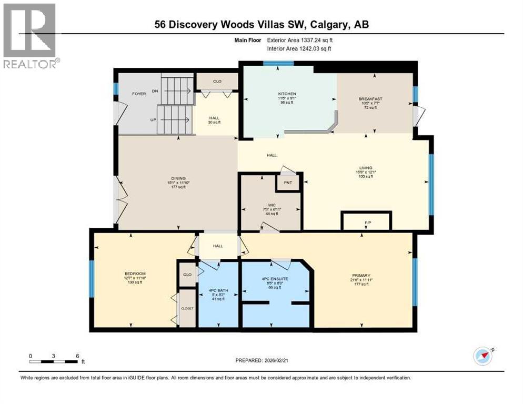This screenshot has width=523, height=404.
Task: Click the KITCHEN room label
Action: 288,94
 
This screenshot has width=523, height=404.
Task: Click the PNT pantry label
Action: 288,183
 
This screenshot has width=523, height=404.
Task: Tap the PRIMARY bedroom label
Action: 361,275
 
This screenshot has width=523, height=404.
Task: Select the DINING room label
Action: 178,178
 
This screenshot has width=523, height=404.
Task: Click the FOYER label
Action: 138,94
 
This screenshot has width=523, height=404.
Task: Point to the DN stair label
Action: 155,91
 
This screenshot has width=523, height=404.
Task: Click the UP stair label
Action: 154,120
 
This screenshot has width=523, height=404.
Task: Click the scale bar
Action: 54,361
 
